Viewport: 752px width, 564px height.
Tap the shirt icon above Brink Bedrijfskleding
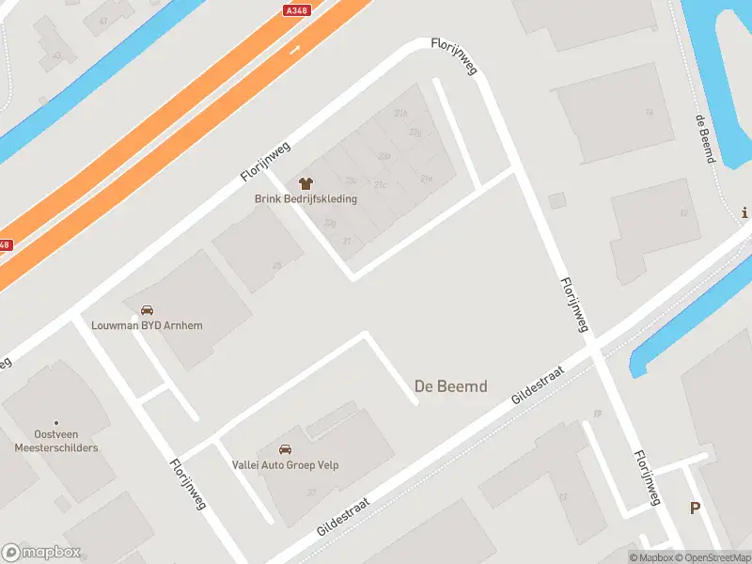point(305,182)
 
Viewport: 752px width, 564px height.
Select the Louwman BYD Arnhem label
point(147,325)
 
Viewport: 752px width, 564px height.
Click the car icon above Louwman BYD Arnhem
point(147,310)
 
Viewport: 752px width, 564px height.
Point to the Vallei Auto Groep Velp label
point(285,464)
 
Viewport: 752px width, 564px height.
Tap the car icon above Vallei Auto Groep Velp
point(286,449)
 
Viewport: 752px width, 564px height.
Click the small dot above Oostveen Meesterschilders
point(55,423)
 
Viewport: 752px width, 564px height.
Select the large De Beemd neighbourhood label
point(450,385)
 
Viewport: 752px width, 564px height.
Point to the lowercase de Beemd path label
point(704,138)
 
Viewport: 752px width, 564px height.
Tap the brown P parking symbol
point(696,508)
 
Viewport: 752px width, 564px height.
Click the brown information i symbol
point(745,212)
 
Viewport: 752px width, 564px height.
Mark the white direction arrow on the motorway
point(295,49)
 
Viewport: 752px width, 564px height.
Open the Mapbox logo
point(41,553)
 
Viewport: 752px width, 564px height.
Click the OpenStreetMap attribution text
point(712,557)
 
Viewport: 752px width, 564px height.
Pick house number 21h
point(401,114)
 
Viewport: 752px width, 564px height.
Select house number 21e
point(426,177)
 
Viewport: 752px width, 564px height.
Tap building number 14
point(649,113)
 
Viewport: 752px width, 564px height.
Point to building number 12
point(683,213)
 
